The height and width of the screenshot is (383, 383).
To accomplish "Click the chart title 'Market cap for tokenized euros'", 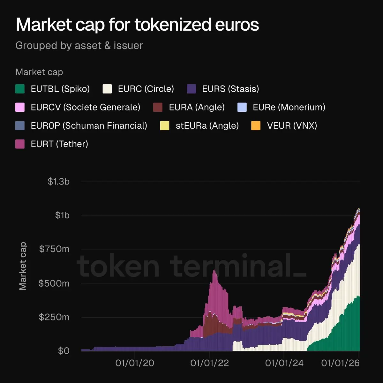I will tap(137, 25).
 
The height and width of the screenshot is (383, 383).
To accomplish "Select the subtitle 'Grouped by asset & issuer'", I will tap(79, 46).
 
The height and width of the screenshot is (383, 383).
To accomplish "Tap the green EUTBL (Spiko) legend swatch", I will tap(20, 89).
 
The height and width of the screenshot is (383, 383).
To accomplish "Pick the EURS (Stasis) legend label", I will tap(230, 89).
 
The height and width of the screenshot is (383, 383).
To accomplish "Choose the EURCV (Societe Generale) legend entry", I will tap(86, 107).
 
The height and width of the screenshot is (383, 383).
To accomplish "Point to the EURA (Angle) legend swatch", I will tap(158, 107).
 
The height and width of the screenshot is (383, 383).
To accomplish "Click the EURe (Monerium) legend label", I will tap(289, 107).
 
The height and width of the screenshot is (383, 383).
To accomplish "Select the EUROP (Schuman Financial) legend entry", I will tap(89, 126).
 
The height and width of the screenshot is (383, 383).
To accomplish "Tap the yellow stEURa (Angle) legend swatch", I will tap(165, 126).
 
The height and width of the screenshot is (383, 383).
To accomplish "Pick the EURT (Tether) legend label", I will tap(59, 144).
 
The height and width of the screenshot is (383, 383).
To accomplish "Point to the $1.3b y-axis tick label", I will tap(59, 182).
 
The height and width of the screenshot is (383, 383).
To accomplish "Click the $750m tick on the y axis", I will tap(54, 249).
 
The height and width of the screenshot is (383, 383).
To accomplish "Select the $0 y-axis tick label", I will tap(64, 351).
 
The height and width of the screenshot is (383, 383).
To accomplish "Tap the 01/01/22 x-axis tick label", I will tap(209, 363).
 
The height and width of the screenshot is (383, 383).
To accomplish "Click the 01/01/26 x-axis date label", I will tap(340, 363).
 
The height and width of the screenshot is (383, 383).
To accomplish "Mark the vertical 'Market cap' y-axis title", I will tap(23, 266).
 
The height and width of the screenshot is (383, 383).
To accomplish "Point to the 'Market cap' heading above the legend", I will tap(39, 72).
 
